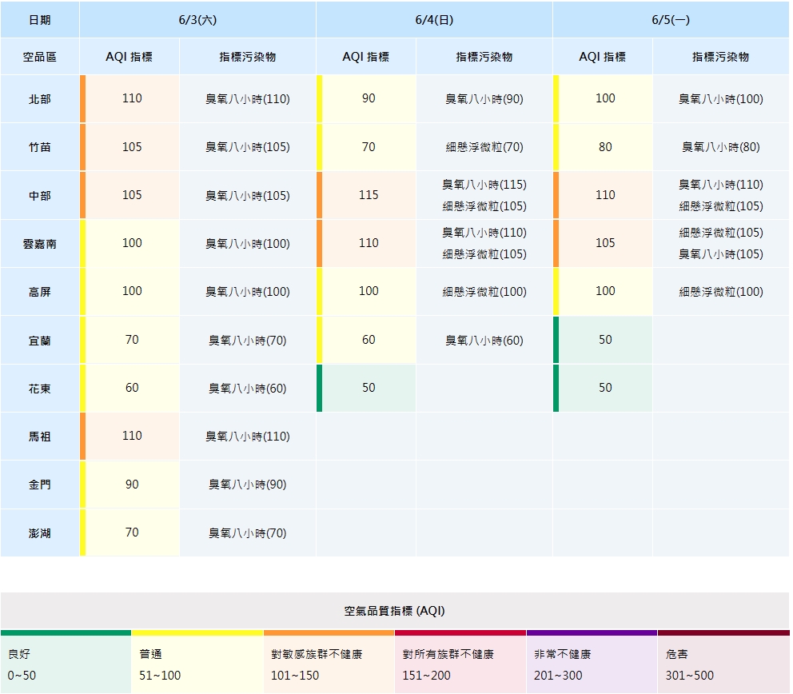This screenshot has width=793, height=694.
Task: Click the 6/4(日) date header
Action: click(434, 20)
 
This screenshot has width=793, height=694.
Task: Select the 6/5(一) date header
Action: click(671, 20)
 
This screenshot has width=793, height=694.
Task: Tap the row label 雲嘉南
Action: click(39, 244)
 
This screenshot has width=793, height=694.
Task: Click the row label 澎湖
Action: click(39, 533)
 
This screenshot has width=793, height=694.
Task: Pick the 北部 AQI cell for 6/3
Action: click(132, 98)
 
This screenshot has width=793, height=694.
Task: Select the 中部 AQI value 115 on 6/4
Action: click(369, 195)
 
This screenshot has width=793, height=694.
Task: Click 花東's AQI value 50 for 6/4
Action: click(369, 388)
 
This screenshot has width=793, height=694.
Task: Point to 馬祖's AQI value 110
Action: click(132, 436)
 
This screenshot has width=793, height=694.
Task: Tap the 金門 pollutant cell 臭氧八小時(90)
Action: click(248, 485)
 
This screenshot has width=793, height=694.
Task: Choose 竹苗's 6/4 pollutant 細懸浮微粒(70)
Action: click(484, 147)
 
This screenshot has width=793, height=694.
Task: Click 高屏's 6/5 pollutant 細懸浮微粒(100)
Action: click(721, 292)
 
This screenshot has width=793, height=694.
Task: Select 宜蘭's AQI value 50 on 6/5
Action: click(605, 340)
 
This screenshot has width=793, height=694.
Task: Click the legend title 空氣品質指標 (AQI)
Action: click(394, 611)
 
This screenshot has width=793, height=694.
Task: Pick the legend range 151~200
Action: click(426, 676)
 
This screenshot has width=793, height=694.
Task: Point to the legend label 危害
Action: click(676, 654)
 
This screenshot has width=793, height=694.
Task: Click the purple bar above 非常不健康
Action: click(592, 632)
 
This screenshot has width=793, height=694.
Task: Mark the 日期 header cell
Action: click(39, 20)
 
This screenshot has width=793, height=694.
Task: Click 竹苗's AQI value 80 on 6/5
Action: click(605, 146)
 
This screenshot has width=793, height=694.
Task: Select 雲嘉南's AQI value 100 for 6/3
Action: click(132, 243)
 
